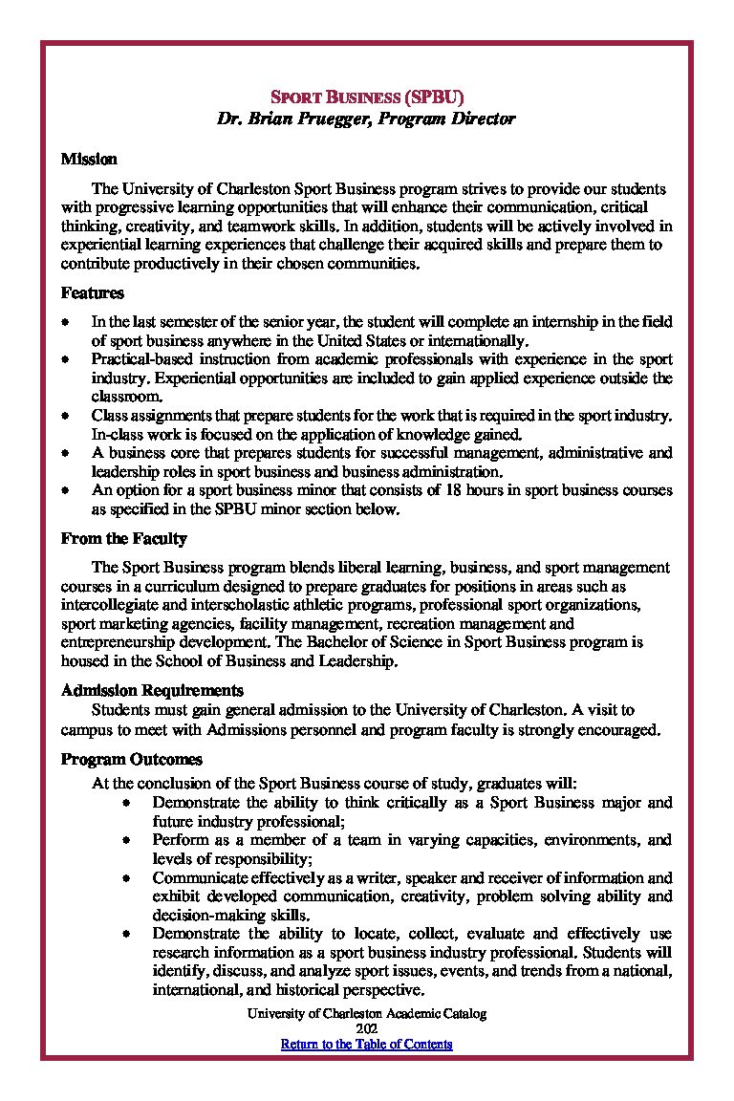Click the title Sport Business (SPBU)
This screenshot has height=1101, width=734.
click(x=367, y=97)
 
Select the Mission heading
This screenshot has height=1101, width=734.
click(x=89, y=159)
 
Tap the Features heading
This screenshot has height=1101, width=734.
click(x=92, y=293)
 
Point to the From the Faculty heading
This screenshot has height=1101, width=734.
click(x=123, y=539)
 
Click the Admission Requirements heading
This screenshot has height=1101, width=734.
click(x=152, y=690)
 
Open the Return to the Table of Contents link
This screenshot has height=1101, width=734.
click(x=366, y=1044)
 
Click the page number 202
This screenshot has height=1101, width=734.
click(x=367, y=1028)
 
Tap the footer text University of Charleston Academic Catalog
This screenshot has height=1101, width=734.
click(x=367, y=1013)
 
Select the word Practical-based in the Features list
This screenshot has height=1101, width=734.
click(x=135, y=359)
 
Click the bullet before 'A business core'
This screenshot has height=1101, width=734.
click(x=64, y=453)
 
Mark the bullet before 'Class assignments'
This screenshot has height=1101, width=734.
click(x=64, y=416)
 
